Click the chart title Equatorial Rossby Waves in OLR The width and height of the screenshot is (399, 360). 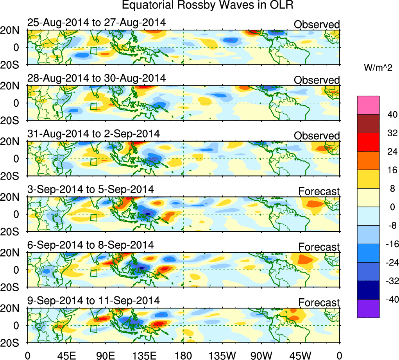tap(207, 5)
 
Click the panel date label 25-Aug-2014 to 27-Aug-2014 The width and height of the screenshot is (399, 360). tap(97, 23)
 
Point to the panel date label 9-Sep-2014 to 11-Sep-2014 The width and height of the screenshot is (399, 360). tap(94, 301)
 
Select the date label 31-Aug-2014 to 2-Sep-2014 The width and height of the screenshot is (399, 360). tap(94, 134)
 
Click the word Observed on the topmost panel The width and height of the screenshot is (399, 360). tap(317, 25)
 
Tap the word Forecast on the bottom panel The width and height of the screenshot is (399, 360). tap(319, 303)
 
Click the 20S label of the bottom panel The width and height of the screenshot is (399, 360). tap(13, 342)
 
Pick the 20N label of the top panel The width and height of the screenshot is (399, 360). tap(13, 30)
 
